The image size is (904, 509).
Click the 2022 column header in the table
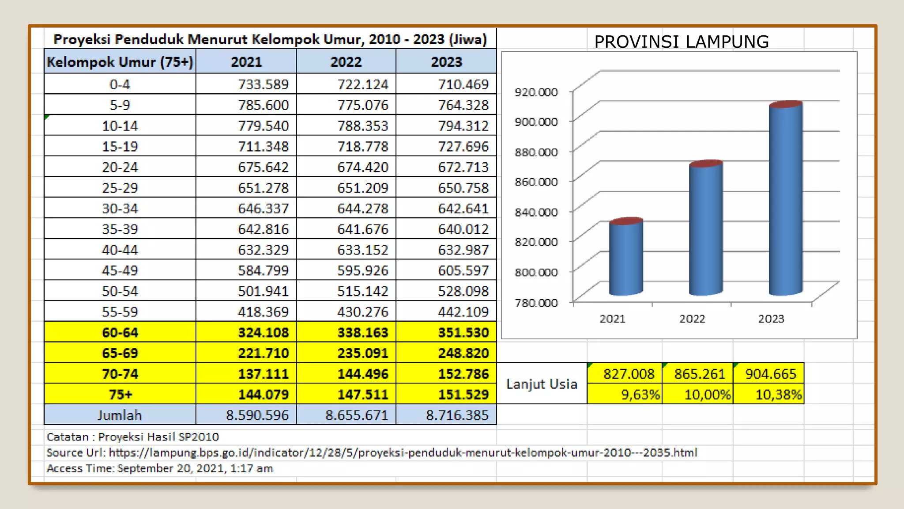[x=346, y=62]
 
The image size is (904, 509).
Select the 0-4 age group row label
[x=120, y=84]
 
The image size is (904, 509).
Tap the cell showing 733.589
[x=263, y=84]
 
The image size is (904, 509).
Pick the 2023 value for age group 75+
[x=463, y=395]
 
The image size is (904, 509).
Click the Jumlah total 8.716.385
[x=457, y=415]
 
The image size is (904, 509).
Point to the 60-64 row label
[x=120, y=333]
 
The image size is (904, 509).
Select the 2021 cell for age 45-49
[x=263, y=270]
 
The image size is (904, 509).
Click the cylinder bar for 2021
[x=626, y=258]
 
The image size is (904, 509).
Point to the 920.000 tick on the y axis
[x=536, y=92]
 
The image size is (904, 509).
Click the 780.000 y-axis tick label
[x=536, y=303]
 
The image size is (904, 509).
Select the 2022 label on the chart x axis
[x=692, y=319]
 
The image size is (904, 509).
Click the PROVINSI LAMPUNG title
[x=681, y=42]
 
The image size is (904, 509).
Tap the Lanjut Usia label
[x=542, y=384]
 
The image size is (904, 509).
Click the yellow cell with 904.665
[x=770, y=374]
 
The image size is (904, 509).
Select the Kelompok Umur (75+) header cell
[x=120, y=62]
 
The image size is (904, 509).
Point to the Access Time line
[x=160, y=469]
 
